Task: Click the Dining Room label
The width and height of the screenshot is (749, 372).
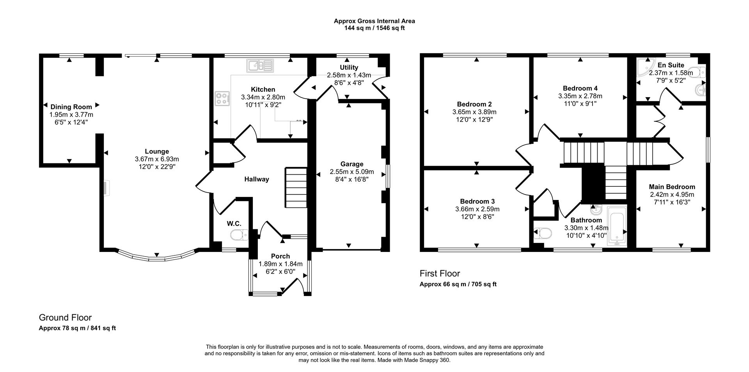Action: (71, 107)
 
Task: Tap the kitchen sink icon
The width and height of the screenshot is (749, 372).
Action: (261, 66)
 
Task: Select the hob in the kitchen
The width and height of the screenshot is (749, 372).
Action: (222, 98)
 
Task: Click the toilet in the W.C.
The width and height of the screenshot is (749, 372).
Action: (239, 235)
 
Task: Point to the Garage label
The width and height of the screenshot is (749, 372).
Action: (351, 164)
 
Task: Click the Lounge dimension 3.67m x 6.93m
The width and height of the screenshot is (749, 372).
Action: (157, 159)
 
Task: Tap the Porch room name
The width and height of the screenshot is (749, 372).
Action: (280, 256)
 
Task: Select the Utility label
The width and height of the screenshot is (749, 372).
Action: (349, 68)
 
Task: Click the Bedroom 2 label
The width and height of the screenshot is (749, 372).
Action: (474, 104)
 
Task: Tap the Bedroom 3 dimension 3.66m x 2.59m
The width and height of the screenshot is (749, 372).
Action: (477, 209)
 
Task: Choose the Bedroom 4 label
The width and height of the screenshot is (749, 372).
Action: (580, 88)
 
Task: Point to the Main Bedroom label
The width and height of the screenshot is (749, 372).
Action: (672, 187)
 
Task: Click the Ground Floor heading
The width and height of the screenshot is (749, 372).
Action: (65, 318)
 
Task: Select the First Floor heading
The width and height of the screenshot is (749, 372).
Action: (440, 273)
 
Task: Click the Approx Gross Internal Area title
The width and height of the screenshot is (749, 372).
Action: (374, 21)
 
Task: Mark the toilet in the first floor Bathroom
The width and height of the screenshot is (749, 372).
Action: (543, 233)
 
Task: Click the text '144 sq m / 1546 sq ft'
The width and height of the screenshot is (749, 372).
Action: (374, 28)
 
